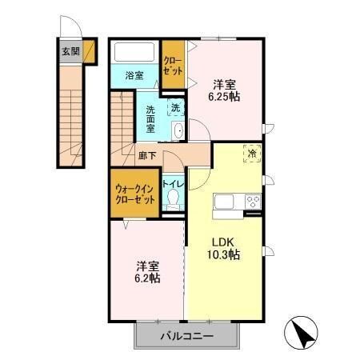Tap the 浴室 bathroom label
click(134, 76)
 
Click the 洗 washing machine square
click(174, 105)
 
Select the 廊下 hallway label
click(146, 158)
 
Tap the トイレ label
click(174, 183)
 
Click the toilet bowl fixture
click(173, 202)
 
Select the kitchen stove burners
click(252, 201)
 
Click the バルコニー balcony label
click(185, 335)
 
